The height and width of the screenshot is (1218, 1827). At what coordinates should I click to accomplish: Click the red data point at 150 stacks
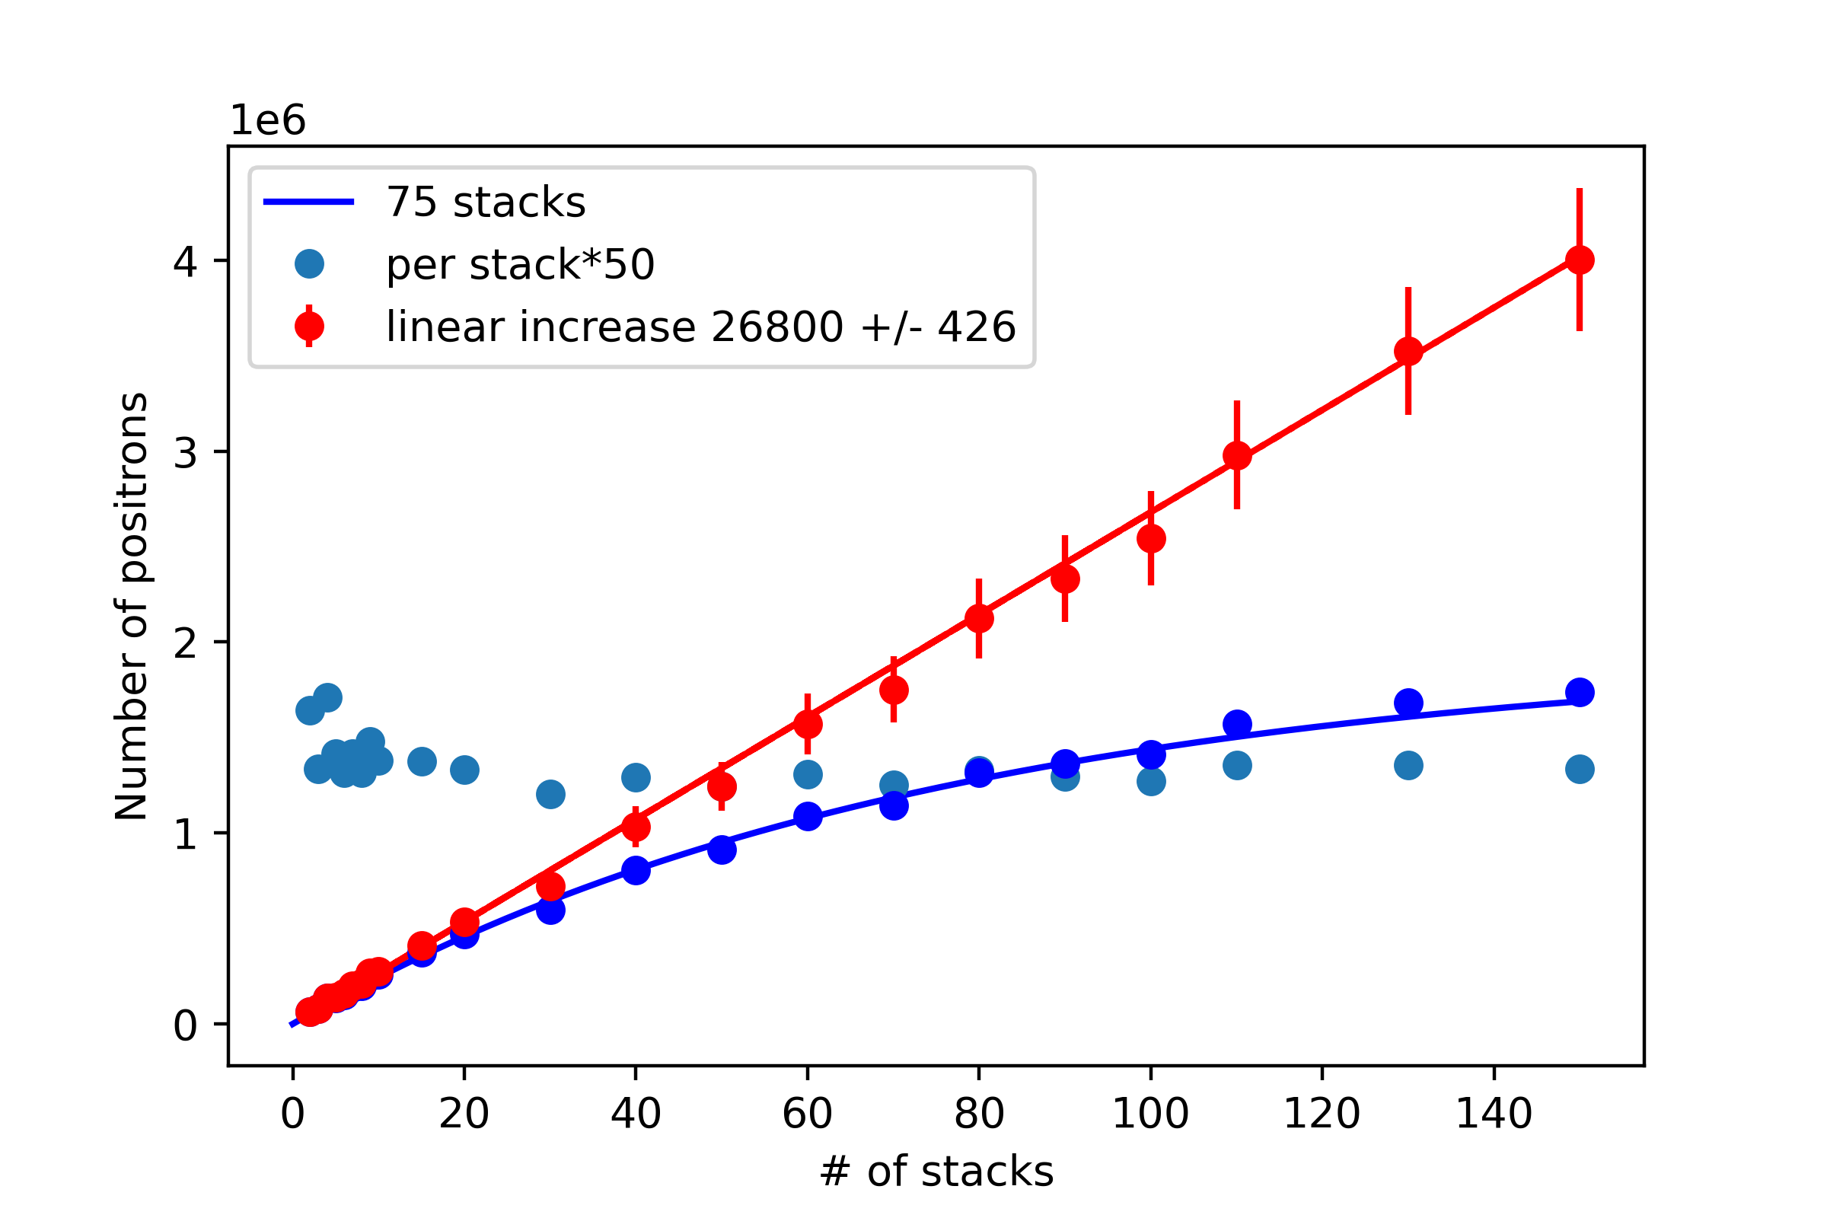click(1579, 260)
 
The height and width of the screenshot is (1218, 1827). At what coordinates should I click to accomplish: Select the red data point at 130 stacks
click(1408, 351)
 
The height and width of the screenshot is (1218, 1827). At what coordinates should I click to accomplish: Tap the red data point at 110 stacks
click(1236, 455)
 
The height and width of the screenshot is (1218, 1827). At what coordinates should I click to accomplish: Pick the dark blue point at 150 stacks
click(1579, 691)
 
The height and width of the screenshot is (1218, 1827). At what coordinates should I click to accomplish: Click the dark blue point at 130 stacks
click(1408, 703)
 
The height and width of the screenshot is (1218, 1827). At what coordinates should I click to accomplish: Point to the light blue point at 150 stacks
click(1579, 769)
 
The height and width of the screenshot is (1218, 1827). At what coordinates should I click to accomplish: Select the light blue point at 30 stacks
click(550, 794)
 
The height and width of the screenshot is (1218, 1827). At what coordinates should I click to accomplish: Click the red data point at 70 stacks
click(893, 690)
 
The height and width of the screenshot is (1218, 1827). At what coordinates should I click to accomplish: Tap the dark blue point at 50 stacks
click(722, 849)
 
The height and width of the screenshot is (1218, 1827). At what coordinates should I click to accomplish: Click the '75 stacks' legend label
click(486, 202)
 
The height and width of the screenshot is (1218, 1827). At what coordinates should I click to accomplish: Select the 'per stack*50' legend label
click(521, 264)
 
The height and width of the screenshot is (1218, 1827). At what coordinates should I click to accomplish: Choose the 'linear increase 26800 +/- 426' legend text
click(700, 327)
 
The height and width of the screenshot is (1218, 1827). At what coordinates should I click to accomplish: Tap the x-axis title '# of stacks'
click(936, 1172)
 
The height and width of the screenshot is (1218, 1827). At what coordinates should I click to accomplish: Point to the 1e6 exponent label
click(267, 120)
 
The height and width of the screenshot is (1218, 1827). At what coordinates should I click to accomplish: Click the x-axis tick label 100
click(1150, 1113)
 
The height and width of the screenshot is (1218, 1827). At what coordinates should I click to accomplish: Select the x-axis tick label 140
click(1493, 1113)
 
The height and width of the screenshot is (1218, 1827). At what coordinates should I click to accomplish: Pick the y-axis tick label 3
click(185, 452)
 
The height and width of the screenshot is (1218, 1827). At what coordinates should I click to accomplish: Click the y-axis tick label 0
click(185, 1025)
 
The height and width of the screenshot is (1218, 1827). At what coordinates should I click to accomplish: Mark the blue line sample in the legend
click(308, 202)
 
